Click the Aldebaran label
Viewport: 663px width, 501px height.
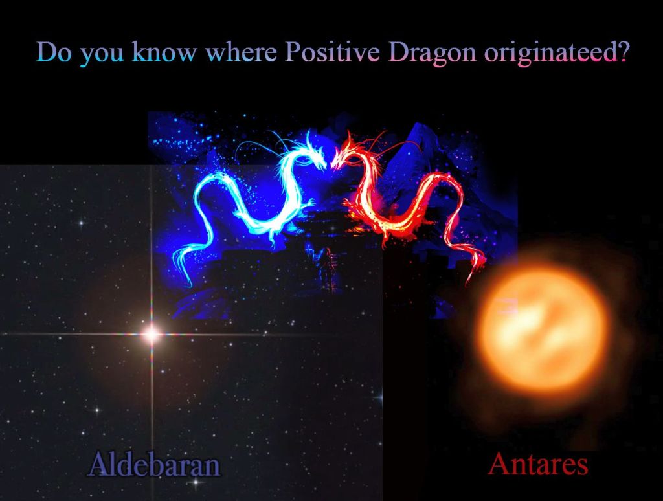(154, 465)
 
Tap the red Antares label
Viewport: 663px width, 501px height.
(538, 464)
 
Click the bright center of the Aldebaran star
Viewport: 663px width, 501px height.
(152, 335)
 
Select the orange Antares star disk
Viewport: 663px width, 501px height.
(545, 326)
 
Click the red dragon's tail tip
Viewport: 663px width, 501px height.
(469, 284)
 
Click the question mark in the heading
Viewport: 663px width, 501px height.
(620, 52)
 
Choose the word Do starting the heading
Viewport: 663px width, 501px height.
(54, 52)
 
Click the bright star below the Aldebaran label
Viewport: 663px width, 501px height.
(196, 482)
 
